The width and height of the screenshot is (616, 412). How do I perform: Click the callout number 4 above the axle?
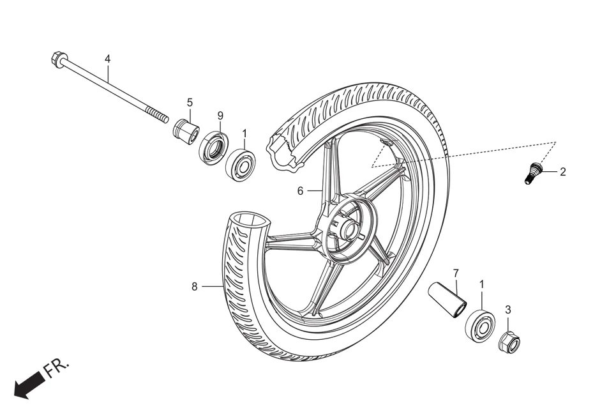107,59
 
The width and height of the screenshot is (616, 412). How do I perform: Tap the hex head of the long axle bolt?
56,59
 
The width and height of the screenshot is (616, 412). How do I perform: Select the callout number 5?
190,102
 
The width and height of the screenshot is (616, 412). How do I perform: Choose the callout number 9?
220,116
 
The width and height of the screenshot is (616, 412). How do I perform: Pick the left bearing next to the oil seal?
241,164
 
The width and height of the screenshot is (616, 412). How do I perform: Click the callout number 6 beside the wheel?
300,190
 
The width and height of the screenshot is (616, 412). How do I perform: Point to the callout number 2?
563,172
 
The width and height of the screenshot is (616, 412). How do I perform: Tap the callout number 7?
456,273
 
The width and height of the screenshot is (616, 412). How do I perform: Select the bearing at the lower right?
481,325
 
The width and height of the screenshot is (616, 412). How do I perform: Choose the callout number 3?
508,310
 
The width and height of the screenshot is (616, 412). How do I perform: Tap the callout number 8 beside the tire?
195,287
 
